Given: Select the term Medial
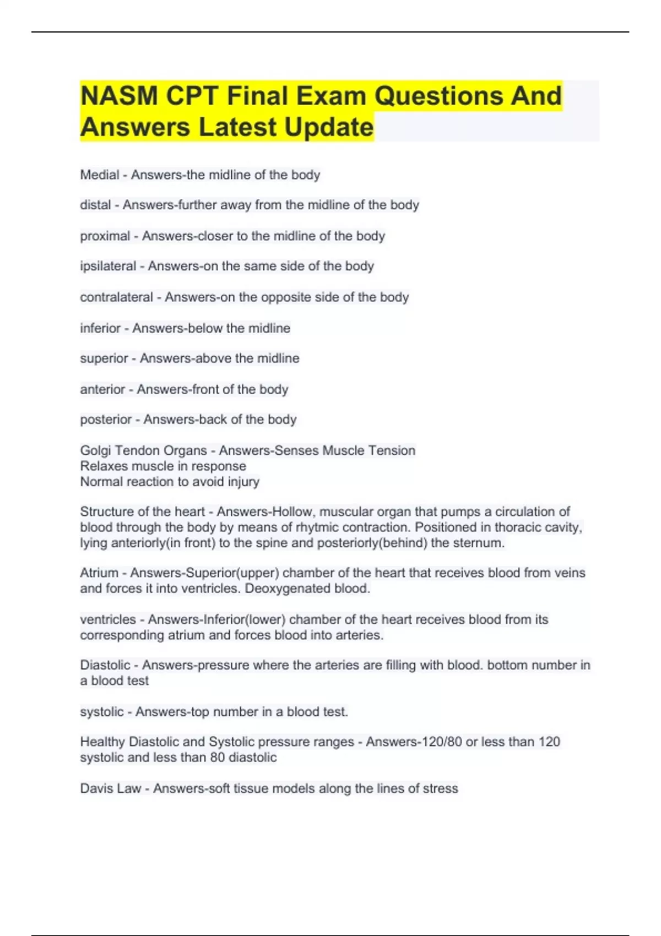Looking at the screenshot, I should (100, 175).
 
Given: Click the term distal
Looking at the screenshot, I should (95, 205).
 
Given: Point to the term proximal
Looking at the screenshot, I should (105, 236).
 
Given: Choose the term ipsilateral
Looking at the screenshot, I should (108, 266).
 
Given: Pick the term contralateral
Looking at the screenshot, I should (117, 297).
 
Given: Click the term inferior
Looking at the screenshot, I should (100, 328).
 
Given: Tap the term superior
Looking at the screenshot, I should (104, 358).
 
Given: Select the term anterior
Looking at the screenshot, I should (102, 389).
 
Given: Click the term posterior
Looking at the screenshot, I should (106, 420).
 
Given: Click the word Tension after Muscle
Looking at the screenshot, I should (392, 450).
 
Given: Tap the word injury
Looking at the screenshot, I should (243, 482).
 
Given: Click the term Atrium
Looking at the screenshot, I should (99, 573).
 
